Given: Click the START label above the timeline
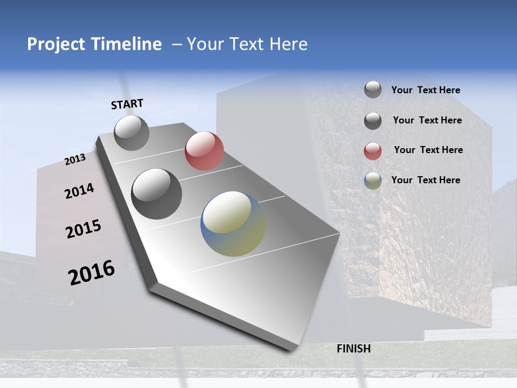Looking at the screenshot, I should [x=127, y=104].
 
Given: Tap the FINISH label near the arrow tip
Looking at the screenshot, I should [x=353, y=349].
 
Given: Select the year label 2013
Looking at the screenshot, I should [x=75, y=160].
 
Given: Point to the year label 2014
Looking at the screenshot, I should [x=80, y=191].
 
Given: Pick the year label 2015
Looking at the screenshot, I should [x=83, y=229].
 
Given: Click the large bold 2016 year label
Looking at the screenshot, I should [x=92, y=272].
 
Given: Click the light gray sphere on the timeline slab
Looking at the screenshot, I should [x=131, y=133].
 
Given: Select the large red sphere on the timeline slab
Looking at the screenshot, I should [x=204, y=151].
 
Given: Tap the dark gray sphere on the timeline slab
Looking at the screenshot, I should [x=157, y=194].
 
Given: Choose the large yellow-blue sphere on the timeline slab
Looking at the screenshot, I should [x=233, y=224].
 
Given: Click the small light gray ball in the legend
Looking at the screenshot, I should [x=373, y=89].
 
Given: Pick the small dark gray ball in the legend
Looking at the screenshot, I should [x=373, y=121].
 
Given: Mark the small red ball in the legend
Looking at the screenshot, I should [x=373, y=151].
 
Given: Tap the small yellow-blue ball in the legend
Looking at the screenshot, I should [x=373, y=181].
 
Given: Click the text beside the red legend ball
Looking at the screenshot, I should [x=428, y=150].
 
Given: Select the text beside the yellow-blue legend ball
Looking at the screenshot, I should [x=425, y=180].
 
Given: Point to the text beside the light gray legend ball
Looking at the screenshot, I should [x=425, y=91].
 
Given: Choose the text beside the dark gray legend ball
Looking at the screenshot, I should [x=427, y=120].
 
